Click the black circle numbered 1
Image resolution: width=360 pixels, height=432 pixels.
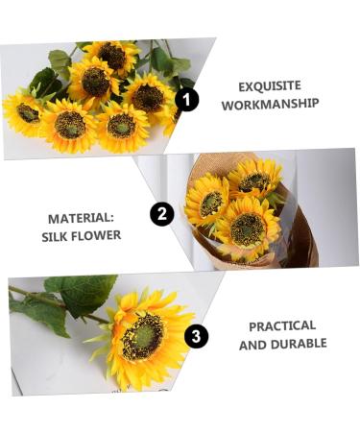pyautogui.click(x=187, y=99)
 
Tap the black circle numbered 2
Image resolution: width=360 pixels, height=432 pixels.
pyautogui.click(x=161, y=213)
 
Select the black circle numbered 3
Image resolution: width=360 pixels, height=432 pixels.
pyautogui.click(x=196, y=335)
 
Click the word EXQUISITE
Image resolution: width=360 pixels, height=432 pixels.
pyautogui.click(x=271, y=84)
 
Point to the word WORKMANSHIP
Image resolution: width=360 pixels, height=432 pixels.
pyautogui.click(x=270, y=104)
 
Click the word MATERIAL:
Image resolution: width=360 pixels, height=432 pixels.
pyautogui.click(x=81, y=216)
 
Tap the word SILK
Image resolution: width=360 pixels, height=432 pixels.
pyautogui.click(x=57, y=235)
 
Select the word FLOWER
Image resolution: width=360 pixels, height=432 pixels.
pyautogui.click(x=98, y=235)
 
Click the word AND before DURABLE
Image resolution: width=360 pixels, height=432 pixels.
pyautogui.click(x=252, y=344)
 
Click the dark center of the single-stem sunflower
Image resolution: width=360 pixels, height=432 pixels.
pyautogui.click(x=141, y=337)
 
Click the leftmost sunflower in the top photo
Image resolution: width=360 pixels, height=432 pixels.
pyautogui.click(x=26, y=111)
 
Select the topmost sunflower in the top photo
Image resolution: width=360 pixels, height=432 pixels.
pyautogui.click(x=111, y=56)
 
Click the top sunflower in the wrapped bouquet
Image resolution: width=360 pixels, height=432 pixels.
pyautogui.click(x=254, y=179)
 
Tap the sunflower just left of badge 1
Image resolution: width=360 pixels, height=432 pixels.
pyautogui.click(x=148, y=96)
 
